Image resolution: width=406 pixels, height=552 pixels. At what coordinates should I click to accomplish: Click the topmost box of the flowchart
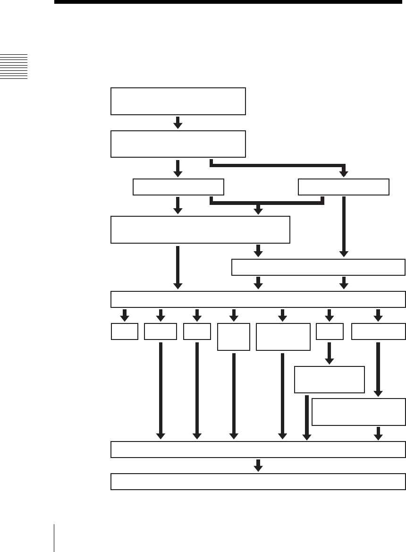(178, 101)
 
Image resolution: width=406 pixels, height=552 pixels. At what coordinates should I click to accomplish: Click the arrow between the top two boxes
(178, 123)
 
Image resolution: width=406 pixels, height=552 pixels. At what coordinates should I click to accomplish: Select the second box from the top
(178, 144)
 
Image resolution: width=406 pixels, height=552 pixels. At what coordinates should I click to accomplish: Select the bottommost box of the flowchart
(258, 482)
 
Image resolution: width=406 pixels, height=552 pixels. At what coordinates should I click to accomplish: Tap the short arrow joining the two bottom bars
(258, 465)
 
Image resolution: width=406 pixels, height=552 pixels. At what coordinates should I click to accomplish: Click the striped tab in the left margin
(14, 67)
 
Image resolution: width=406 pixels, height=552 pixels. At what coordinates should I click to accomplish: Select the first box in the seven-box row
(125, 331)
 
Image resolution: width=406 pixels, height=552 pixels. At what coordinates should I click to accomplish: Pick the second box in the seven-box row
(161, 331)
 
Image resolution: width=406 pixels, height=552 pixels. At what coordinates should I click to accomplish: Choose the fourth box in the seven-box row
(233, 337)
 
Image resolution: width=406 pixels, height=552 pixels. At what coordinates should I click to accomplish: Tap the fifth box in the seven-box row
(283, 337)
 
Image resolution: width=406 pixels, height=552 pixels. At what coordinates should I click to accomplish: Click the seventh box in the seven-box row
(378, 331)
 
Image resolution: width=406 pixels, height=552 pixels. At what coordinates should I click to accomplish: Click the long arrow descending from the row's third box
(197, 390)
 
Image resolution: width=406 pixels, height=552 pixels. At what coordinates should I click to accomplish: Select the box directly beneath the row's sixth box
(329, 379)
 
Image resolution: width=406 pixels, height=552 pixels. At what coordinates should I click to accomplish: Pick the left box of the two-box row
(178, 187)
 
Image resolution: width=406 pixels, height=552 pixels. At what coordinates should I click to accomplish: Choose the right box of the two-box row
(344, 187)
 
